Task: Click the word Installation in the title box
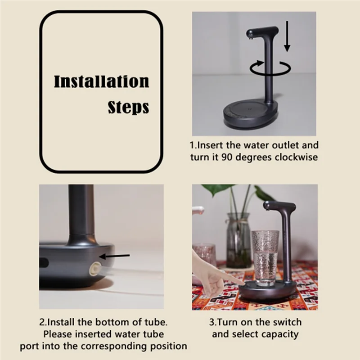coord(101,82)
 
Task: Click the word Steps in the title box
coord(128,108)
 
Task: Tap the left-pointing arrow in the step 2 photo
coord(114,256)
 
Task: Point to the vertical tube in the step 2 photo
coord(81,211)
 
